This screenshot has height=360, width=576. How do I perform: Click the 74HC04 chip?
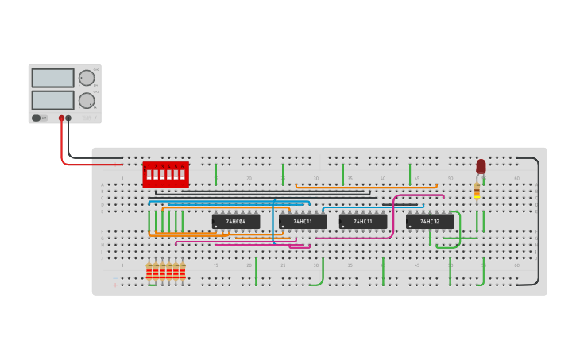tap(236, 221)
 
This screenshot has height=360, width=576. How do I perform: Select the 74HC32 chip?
tap(430, 221)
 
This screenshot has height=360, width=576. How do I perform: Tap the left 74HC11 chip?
tap(303, 221)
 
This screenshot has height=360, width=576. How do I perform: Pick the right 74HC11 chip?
tap(363, 221)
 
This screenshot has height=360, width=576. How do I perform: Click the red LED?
tap(481, 165)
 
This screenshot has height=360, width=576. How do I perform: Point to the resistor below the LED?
tap(477, 191)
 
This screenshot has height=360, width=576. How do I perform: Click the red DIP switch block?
tap(165, 174)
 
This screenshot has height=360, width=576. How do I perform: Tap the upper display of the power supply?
tap(53, 78)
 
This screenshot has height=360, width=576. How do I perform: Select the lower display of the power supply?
tap(53, 100)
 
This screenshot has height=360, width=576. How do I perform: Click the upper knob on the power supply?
tap(86, 78)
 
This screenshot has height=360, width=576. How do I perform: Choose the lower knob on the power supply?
tap(86, 100)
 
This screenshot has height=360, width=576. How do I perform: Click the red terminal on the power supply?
tap(61, 118)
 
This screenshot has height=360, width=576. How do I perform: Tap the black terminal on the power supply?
tap(68, 118)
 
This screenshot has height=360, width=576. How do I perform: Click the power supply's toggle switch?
tap(37, 118)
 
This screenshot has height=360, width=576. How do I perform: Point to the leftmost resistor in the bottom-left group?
tap(149, 272)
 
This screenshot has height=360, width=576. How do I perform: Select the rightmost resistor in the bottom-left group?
tap(183, 272)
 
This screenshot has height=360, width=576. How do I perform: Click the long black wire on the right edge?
tap(538, 221)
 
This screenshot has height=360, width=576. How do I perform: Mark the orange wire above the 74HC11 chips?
tap(365, 186)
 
